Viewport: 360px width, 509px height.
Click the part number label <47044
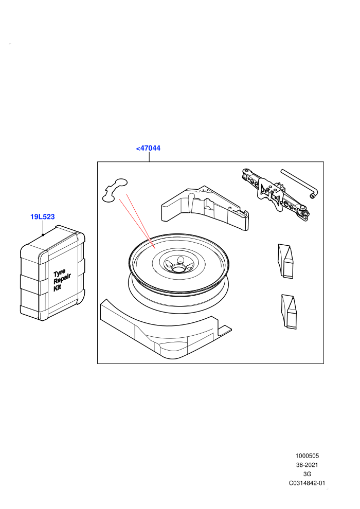pos(148,148)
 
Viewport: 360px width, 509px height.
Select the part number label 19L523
pos(43,216)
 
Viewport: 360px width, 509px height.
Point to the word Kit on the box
pos(57,287)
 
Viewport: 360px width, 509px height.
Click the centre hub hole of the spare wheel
pos(178,268)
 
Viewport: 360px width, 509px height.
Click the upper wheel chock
pos(285,261)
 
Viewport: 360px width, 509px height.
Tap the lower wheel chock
pos(289,311)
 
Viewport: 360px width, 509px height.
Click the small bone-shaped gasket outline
pos(115,190)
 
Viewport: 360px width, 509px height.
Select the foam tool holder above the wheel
pos(205,208)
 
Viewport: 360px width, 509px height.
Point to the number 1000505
pos(307,456)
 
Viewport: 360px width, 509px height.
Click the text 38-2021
pos(307,465)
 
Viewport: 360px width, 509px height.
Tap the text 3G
pos(307,474)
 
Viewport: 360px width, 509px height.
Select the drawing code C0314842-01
pos(307,483)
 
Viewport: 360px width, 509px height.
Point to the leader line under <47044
pos(149,157)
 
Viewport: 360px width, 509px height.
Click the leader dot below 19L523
pos(43,234)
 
